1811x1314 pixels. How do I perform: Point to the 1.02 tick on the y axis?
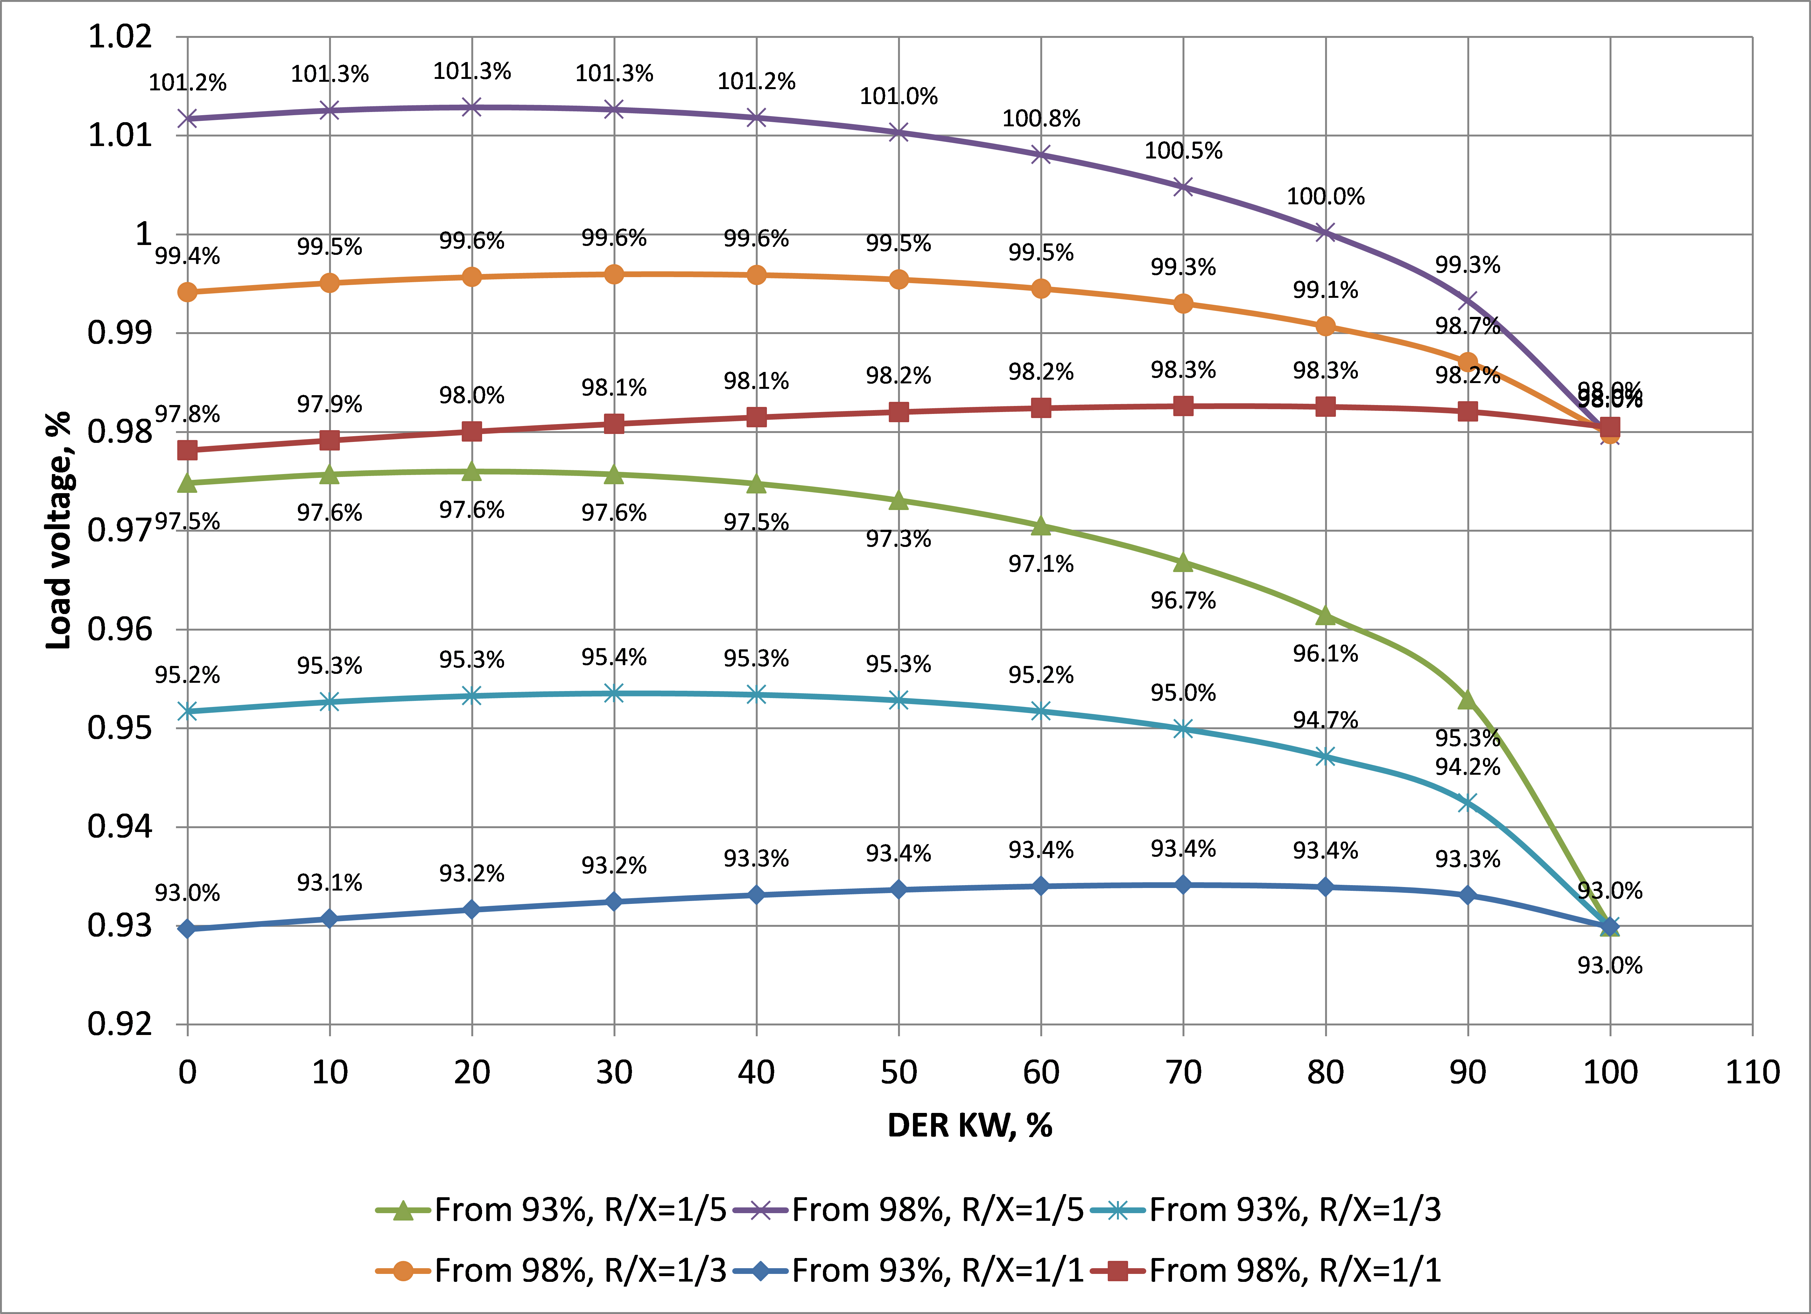click(x=120, y=37)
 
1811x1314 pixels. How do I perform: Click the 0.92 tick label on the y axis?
click(x=120, y=1024)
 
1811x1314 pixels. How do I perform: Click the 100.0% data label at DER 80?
click(x=1325, y=196)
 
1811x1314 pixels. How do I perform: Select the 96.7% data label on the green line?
click(x=1183, y=600)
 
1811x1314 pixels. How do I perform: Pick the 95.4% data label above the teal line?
click(x=613, y=657)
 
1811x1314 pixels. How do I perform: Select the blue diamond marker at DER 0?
click(x=188, y=928)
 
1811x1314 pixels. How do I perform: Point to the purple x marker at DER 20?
click(x=472, y=107)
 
